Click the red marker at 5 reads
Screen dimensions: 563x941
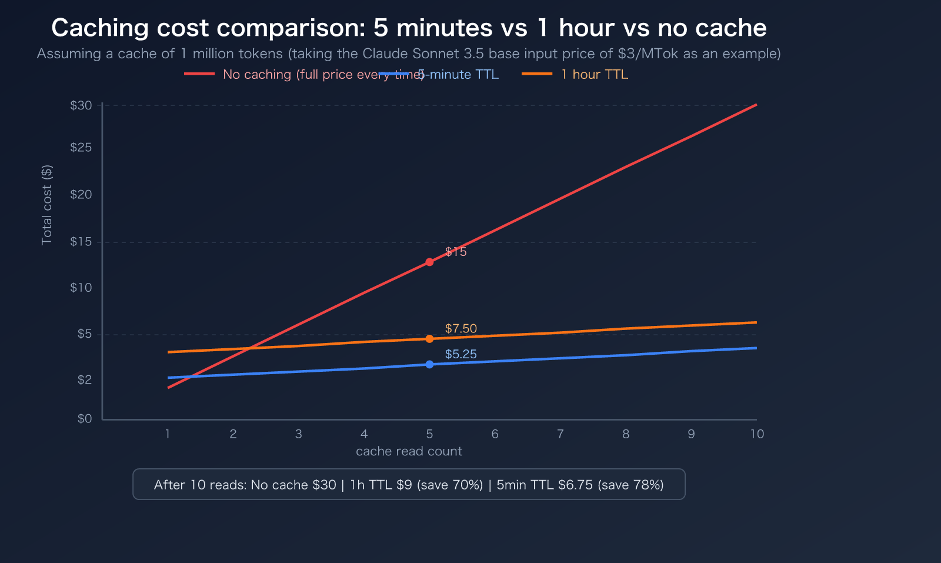(x=429, y=262)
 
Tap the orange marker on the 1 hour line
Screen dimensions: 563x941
(x=429, y=339)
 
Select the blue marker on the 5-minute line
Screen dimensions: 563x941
(x=429, y=364)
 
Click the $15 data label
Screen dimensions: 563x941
(x=456, y=252)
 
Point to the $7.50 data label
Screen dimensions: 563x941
(x=461, y=328)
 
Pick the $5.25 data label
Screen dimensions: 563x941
(x=461, y=354)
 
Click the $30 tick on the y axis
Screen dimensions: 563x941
(x=81, y=105)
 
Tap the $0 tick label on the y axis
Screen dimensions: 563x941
(x=85, y=418)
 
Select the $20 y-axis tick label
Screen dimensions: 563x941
(x=81, y=194)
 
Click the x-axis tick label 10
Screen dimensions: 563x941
(x=756, y=434)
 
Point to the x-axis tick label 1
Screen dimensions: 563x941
(x=168, y=434)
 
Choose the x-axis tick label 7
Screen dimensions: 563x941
(x=560, y=434)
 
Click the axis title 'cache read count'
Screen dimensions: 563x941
(x=409, y=451)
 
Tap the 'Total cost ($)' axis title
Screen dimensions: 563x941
(x=46, y=205)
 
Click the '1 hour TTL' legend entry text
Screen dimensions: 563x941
(x=594, y=74)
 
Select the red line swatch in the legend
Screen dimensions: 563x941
(x=199, y=74)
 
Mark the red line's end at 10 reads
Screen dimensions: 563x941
(x=756, y=105)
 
